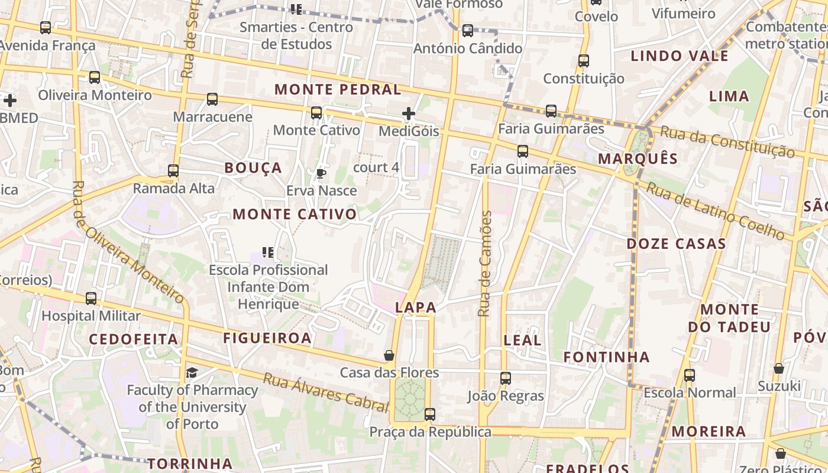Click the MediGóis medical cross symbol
[409, 114]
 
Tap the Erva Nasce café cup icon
[321, 173]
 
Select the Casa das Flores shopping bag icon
[389, 355]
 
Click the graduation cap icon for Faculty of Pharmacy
[192, 373]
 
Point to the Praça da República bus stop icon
[430, 414]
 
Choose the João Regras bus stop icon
[506, 378]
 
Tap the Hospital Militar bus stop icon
[91, 299]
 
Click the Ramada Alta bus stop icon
[173, 171]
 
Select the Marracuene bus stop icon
[212, 99]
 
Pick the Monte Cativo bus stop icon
[316, 112]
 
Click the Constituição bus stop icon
[584, 60]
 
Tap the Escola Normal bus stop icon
[690, 375]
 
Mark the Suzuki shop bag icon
[779, 368]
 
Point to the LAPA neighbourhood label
[416, 307]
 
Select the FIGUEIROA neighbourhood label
[267, 338]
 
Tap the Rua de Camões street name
[485, 263]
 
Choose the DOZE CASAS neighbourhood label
[676, 244]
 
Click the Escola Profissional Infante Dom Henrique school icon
[268, 252]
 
